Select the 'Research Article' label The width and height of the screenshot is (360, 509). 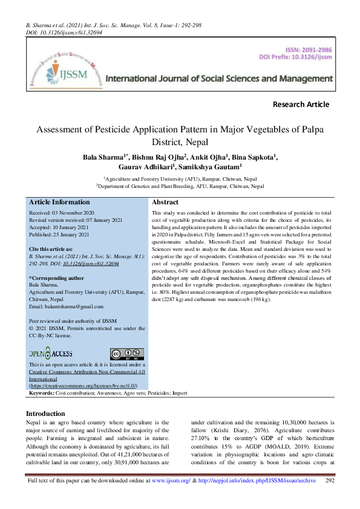point(301,104)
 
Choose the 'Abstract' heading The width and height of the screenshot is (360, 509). point(165,203)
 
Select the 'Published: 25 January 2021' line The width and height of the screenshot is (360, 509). point(59,234)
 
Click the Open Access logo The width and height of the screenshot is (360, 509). point(50,354)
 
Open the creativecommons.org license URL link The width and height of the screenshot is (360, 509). point(83,385)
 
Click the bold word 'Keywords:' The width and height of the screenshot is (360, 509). point(42,393)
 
